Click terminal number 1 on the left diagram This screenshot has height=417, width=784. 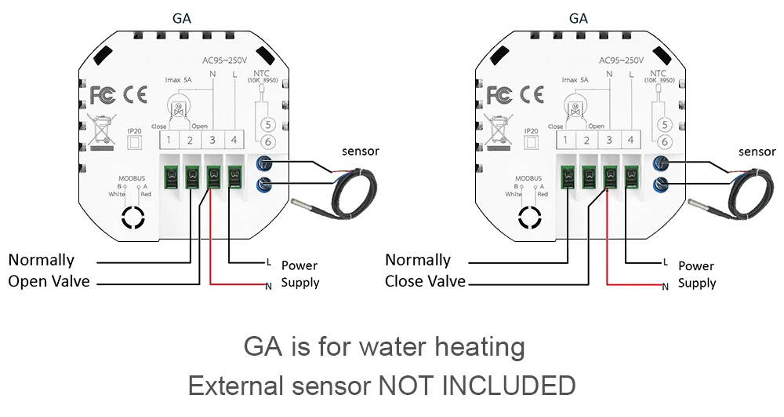click(x=169, y=141)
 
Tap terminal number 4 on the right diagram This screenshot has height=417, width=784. click(x=630, y=141)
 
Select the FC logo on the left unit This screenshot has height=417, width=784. click(x=103, y=95)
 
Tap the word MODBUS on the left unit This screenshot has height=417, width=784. click(x=132, y=178)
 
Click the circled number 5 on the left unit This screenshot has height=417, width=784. click(x=267, y=124)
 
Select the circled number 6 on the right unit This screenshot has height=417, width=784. click(x=663, y=142)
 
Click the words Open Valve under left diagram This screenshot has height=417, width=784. click(x=49, y=281)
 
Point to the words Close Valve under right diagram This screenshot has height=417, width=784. click(x=425, y=281)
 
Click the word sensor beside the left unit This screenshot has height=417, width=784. click(x=361, y=151)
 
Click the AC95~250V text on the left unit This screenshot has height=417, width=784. click(x=225, y=60)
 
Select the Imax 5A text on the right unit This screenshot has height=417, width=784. click(x=575, y=79)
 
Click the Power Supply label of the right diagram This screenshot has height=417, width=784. click(x=697, y=274)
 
